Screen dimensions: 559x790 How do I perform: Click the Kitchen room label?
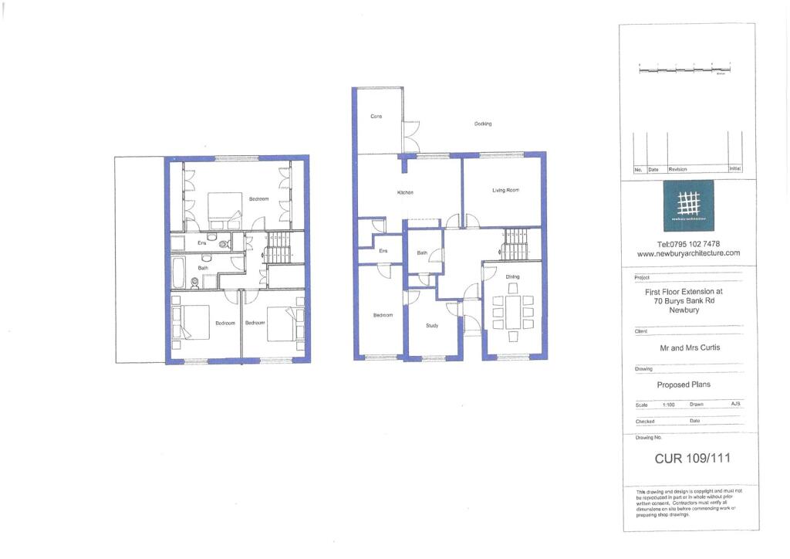coord(406,192)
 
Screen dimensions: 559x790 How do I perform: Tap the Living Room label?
coord(505,190)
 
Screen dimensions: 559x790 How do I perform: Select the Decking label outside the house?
coord(483,124)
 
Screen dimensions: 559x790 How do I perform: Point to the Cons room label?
coord(376,117)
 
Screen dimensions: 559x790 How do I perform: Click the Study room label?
coord(432,326)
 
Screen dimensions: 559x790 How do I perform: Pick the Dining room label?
coord(512,276)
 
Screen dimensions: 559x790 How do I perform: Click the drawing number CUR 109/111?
coord(692,458)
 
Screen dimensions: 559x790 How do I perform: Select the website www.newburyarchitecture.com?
coord(688,253)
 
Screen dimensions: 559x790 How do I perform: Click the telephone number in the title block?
coord(688,243)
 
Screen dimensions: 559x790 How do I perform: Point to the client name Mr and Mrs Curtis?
coord(689,347)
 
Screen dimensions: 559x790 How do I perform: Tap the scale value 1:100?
coord(669,404)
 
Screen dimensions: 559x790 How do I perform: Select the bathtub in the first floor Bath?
coord(177,271)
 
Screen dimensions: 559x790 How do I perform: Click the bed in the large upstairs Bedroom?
coord(224,208)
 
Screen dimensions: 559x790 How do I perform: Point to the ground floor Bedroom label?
coord(383,315)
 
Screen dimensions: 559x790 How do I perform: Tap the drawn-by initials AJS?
coord(735,404)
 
